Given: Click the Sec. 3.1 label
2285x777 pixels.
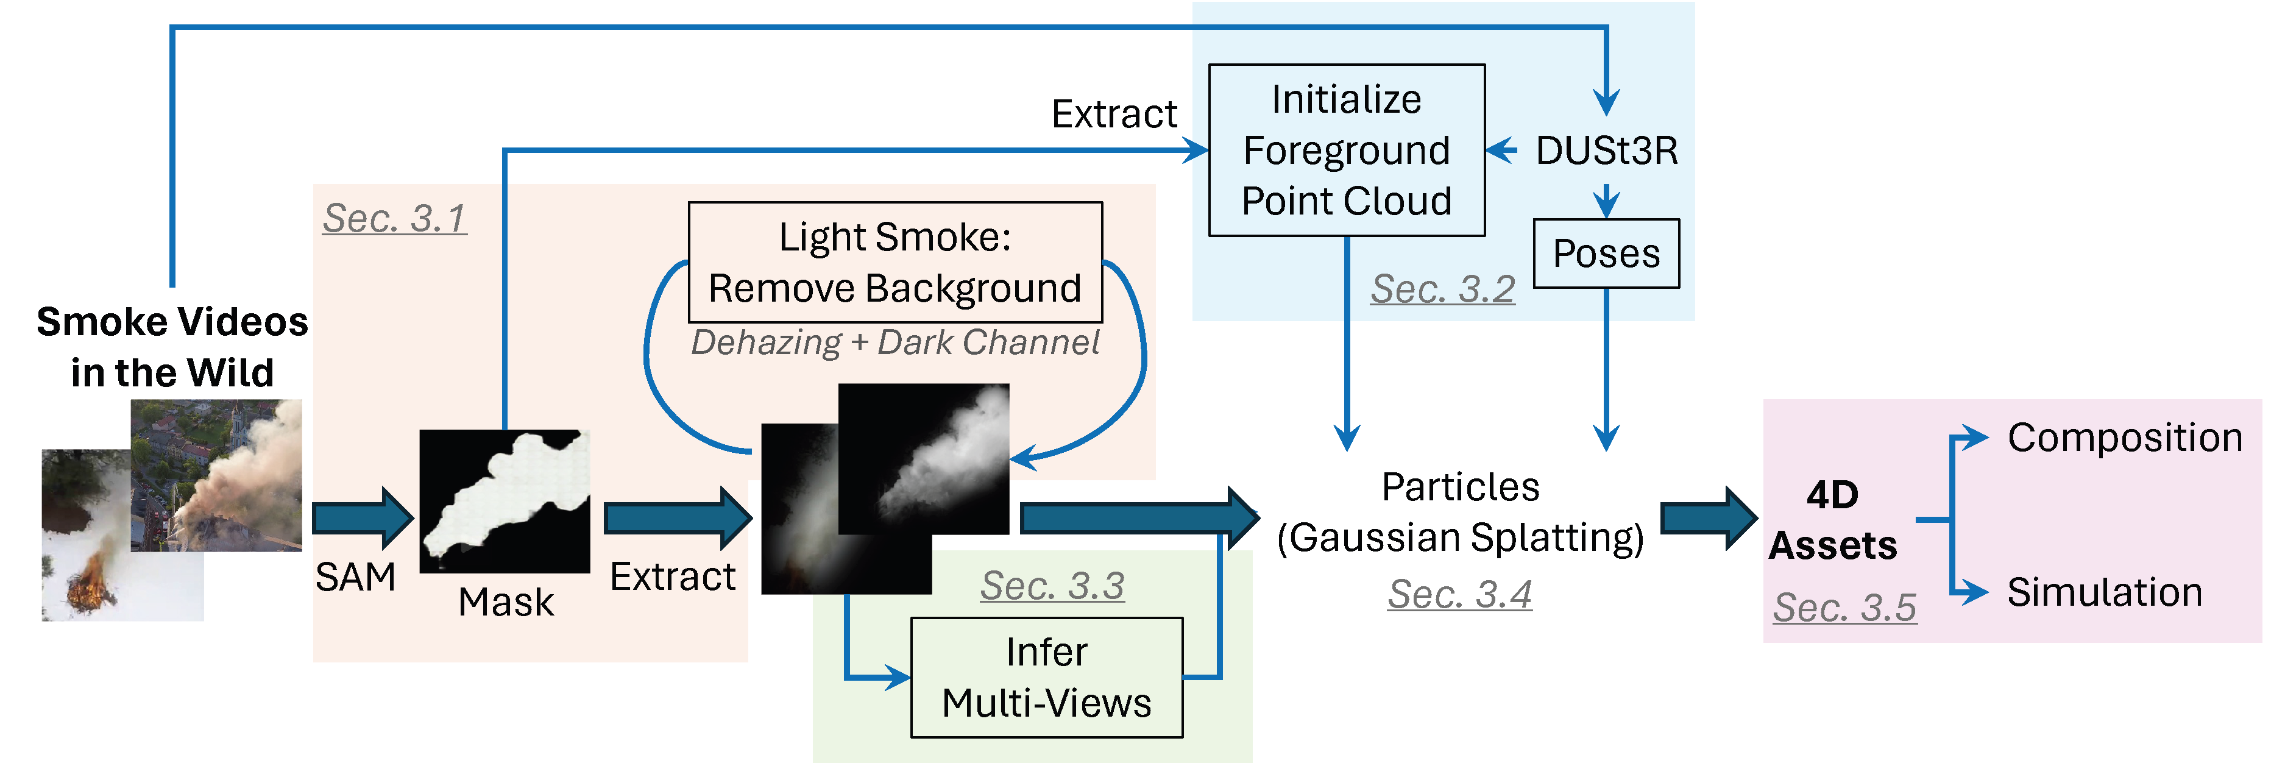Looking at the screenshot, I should click(x=395, y=218).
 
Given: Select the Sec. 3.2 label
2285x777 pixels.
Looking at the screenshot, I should click(x=1442, y=289).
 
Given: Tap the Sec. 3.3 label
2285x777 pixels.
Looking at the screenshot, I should click(x=1052, y=586).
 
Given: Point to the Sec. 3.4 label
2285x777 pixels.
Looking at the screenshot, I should click(x=1460, y=594).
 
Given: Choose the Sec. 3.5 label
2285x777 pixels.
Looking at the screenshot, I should click(x=1845, y=608).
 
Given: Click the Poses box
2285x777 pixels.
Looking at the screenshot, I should click(x=1606, y=254).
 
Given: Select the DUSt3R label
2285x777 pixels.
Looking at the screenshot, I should click(x=1606, y=151).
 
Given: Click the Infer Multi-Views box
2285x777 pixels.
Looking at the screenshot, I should click(x=1047, y=678).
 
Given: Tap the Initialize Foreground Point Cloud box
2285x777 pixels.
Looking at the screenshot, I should click(x=1347, y=150).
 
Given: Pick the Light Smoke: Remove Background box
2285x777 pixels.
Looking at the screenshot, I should click(x=895, y=263).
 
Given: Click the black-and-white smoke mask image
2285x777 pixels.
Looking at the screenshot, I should click(x=504, y=501).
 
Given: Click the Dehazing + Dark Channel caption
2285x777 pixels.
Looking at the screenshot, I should click(x=895, y=342).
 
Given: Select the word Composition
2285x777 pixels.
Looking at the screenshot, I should click(x=2125, y=438).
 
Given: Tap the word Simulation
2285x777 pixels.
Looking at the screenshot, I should click(x=2104, y=592).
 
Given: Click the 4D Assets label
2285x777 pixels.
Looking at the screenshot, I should click(x=1833, y=520).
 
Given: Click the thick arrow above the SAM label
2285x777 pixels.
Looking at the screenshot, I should click(x=362, y=517).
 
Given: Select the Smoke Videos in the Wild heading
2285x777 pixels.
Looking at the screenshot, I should click(x=172, y=347).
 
